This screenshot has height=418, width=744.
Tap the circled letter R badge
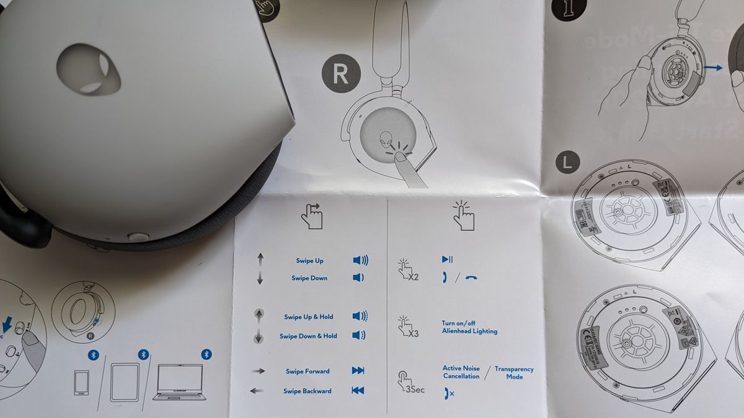(x=340, y=73)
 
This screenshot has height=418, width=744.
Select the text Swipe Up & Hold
(x=309, y=317)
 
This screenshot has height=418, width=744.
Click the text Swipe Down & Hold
(x=308, y=336)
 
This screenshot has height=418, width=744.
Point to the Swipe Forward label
(x=308, y=372)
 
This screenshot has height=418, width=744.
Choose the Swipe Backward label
(x=308, y=391)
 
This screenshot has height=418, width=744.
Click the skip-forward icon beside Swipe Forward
(x=358, y=371)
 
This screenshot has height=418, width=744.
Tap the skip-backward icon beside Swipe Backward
(x=358, y=391)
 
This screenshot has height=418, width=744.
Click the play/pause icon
(x=447, y=259)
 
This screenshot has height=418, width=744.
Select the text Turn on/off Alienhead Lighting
(x=469, y=328)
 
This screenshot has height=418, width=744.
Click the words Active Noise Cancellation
(x=461, y=372)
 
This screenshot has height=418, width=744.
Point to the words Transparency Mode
(x=514, y=373)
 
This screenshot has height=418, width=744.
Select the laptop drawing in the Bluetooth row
(x=179, y=382)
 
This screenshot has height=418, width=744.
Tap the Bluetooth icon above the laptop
(x=206, y=354)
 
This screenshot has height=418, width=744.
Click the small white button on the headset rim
(x=138, y=237)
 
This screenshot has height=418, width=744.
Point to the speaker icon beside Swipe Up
(x=360, y=261)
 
